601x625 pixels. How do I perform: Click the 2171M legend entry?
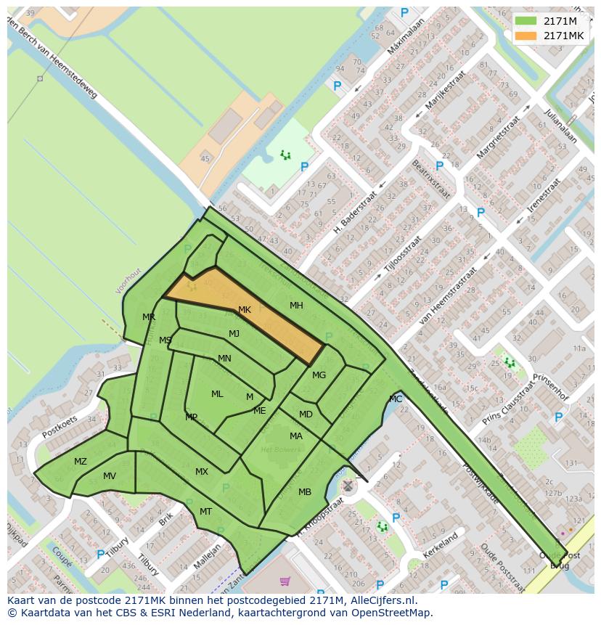(x=555, y=20)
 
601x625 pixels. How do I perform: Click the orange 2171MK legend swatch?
(x=526, y=36)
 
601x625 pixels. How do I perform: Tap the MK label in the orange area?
(x=245, y=310)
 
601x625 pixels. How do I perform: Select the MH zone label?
(x=296, y=306)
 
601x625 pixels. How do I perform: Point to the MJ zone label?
(x=234, y=334)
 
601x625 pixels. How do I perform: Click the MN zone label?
(x=224, y=359)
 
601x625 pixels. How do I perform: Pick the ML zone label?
(x=217, y=394)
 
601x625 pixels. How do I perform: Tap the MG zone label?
(x=319, y=375)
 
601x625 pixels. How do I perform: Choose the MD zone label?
(x=306, y=414)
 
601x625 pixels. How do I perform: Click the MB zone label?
(x=305, y=492)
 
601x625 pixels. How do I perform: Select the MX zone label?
(x=202, y=472)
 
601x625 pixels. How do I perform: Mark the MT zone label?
(x=205, y=512)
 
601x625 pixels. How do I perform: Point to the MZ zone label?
(x=80, y=462)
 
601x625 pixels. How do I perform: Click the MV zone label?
(x=110, y=476)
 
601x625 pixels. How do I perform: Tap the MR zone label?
(x=149, y=317)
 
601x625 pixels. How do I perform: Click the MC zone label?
(x=396, y=399)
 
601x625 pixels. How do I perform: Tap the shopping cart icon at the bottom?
(x=285, y=581)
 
